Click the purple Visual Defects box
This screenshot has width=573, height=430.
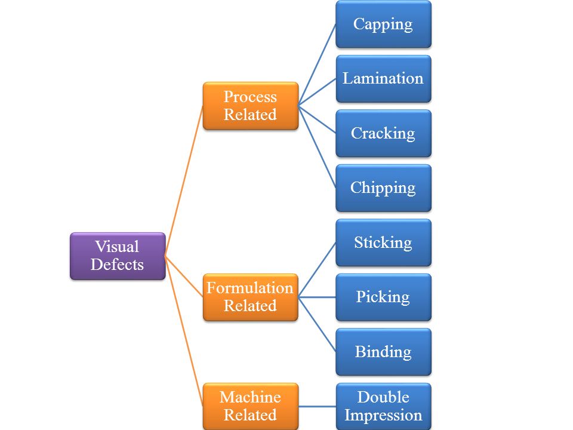point(117,256)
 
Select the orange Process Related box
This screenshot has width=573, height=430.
point(250,106)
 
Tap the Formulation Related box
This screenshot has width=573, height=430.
point(250,297)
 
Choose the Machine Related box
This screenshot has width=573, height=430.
point(250,406)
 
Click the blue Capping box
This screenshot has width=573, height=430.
point(383,24)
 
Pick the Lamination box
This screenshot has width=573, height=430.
point(383,79)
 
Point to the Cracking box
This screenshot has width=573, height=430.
point(383,133)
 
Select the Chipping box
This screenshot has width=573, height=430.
point(383,188)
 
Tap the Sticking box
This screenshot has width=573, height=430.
point(383,242)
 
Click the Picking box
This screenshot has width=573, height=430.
point(383,297)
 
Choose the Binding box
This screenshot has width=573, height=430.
point(383,351)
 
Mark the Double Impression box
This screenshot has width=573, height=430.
point(383,406)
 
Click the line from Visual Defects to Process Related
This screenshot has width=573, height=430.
point(184,181)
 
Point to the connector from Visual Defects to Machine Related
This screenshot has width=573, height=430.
point(184,331)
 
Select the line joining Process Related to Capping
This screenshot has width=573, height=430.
point(317,65)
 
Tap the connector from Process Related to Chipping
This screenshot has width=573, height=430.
point(317,147)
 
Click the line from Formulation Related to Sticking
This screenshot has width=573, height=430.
point(317,269)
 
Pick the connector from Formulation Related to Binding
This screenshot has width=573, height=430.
point(317,324)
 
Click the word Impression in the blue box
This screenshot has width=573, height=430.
point(383,415)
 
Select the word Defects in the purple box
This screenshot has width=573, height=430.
point(117,265)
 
